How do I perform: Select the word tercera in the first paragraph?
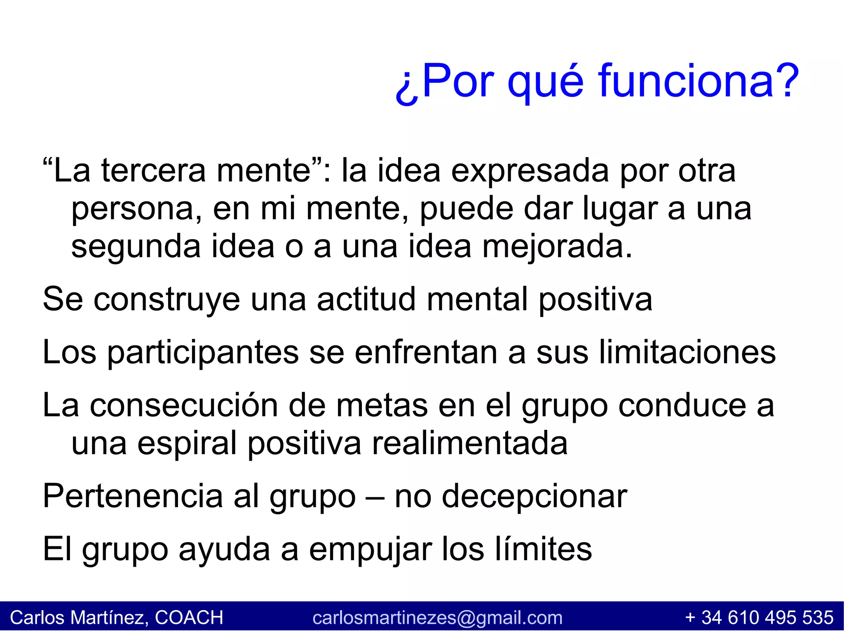point(153,170)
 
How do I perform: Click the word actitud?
point(367,299)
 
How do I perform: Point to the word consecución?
point(183,406)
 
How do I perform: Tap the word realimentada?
point(470,443)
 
